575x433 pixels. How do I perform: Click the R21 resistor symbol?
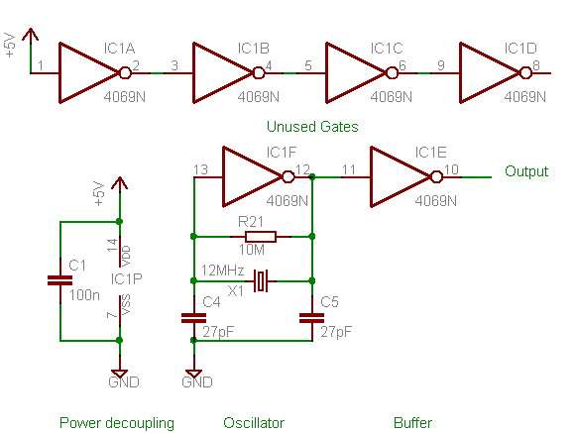tap(261, 237)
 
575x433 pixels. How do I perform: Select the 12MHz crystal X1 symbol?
tap(261, 281)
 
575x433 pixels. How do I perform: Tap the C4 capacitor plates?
tap(193, 318)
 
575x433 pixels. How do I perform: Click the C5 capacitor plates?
tap(311, 318)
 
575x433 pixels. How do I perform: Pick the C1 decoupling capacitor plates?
tap(60, 280)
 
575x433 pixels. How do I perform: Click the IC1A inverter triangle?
tap(88, 73)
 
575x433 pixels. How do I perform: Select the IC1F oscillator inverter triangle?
tap(252, 177)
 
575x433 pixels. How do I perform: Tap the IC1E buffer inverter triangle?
tap(401, 177)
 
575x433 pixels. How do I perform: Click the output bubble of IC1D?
tap(525, 73)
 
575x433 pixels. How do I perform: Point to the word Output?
tap(526, 171)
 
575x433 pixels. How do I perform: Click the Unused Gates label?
tap(312, 127)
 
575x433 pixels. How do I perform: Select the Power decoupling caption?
tap(117, 423)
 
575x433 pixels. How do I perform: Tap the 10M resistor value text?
tap(252, 250)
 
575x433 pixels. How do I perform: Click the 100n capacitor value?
tap(84, 295)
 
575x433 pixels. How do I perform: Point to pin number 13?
tap(201, 169)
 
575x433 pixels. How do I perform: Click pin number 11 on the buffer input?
tap(349, 169)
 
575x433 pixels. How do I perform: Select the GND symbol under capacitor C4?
tap(193, 374)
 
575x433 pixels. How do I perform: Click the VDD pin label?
tap(126, 257)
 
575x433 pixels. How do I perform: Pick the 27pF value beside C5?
tap(336, 332)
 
